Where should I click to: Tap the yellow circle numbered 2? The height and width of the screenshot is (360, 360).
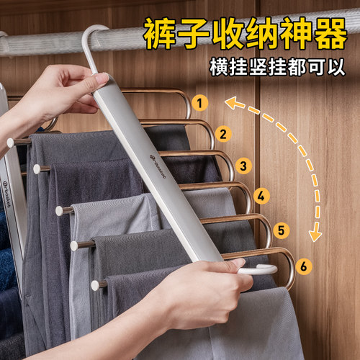coord(223,133)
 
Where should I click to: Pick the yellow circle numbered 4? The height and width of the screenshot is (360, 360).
coord(261,195)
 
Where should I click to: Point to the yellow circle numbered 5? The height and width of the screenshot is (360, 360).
coord(282,231)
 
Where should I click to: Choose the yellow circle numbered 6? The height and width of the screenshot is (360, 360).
coord(305,266)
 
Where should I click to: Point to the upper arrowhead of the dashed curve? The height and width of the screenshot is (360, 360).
coord(230,103)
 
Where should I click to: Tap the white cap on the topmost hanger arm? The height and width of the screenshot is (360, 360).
coord(11,143)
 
